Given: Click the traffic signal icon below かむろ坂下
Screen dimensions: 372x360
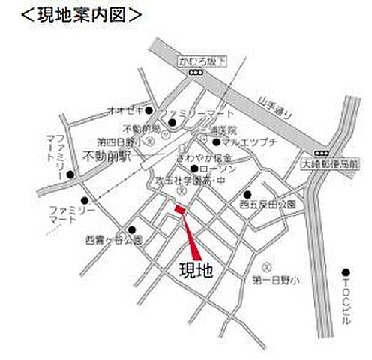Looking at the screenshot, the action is (x=196, y=72).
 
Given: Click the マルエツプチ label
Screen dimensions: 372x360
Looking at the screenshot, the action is (x=244, y=141).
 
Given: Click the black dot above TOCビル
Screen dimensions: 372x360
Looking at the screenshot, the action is (x=346, y=271).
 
